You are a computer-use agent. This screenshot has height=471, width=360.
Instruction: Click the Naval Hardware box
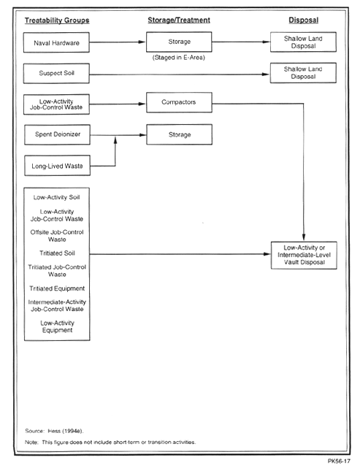click(56, 42)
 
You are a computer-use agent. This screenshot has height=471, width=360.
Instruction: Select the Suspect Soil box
click(56, 73)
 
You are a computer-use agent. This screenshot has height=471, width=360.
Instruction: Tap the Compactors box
click(179, 102)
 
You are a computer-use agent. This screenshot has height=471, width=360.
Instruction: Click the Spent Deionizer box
click(57, 134)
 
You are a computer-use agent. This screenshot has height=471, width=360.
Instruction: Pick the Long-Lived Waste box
click(57, 166)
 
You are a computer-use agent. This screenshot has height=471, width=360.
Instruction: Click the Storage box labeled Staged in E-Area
click(179, 42)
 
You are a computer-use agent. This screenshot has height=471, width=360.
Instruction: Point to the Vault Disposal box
click(304, 255)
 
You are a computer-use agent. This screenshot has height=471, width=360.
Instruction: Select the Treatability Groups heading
click(57, 20)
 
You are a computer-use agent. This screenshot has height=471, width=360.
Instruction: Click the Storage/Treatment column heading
click(179, 20)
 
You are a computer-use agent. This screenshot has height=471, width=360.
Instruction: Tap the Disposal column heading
click(304, 20)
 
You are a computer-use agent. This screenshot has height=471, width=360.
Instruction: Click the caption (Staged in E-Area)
click(179, 58)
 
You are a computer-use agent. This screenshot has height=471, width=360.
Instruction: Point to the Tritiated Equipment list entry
click(57, 288)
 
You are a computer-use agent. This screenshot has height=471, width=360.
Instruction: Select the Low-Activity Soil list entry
click(56, 197)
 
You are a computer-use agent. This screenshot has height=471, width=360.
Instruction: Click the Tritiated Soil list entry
click(57, 253)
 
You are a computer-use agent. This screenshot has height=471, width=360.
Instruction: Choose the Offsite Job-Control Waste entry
click(57, 236)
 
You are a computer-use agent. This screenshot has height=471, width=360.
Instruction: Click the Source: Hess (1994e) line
click(54, 431)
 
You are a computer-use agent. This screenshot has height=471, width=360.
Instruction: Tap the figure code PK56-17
click(339, 461)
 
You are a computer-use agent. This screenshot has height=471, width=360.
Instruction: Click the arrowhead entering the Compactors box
click(142, 104)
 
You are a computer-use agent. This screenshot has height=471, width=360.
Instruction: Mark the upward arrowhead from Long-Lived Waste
click(115, 139)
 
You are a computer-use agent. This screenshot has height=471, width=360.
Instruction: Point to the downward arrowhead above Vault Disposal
click(304, 237)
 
